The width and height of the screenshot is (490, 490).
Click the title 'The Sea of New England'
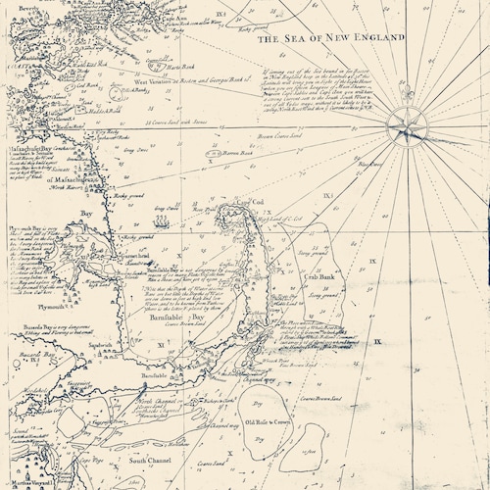(330, 39)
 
